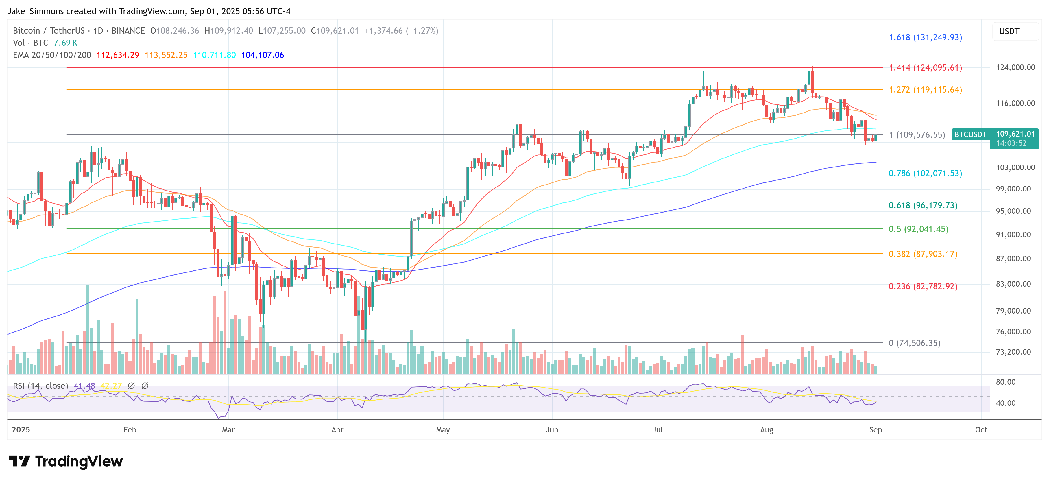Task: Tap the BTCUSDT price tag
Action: coord(970,134)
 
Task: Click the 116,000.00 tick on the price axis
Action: coord(1015,104)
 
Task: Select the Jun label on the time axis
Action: coord(552,430)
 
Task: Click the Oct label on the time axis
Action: coord(980,430)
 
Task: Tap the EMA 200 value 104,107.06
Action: coord(262,55)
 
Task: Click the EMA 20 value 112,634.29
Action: coord(118,55)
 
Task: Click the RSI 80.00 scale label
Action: coord(1005,382)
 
